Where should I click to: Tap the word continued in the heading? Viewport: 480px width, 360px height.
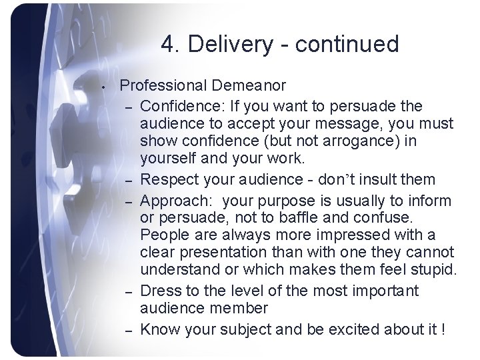pos(346,45)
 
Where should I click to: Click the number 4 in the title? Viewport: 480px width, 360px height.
pos(167,45)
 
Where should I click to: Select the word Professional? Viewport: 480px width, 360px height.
pos(164,85)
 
